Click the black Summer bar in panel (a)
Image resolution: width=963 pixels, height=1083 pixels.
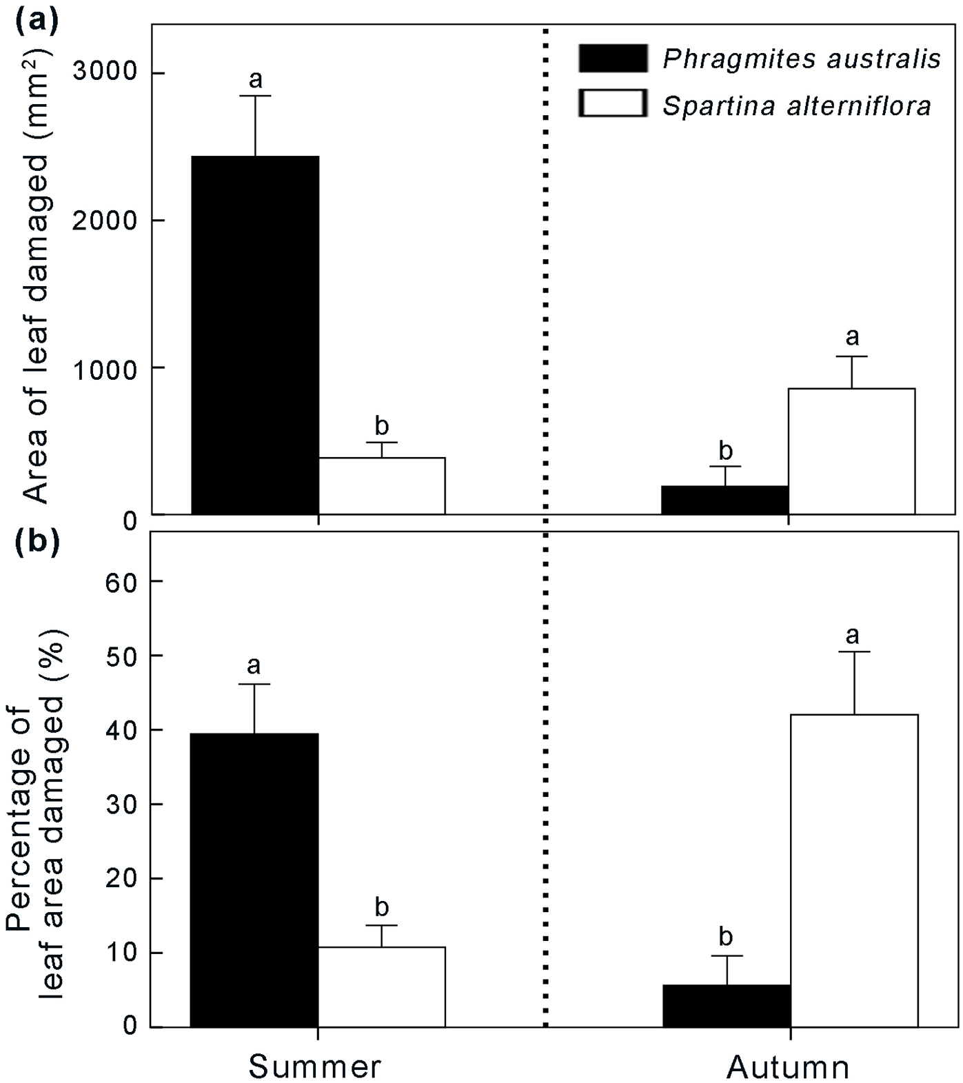[255, 335]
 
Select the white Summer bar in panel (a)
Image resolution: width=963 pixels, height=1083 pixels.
[381, 486]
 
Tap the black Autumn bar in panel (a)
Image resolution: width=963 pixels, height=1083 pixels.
[724, 500]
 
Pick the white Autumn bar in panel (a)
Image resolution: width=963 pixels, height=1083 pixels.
[851, 452]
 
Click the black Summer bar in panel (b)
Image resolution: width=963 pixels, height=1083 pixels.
[254, 880]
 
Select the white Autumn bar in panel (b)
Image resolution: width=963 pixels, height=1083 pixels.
[854, 871]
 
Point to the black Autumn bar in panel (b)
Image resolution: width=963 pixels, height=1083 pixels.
[727, 1006]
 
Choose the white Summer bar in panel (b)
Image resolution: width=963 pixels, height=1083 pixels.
[381, 986]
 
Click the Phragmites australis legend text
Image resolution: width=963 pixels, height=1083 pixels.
[801, 59]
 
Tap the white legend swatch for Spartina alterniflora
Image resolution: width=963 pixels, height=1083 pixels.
[613, 104]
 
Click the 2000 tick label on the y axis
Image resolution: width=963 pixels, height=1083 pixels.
[105, 221]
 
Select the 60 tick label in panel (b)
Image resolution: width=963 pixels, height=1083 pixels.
[123, 581]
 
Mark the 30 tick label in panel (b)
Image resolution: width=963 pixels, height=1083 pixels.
[123, 804]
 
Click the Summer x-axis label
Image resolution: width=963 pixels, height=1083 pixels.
[314, 1066]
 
